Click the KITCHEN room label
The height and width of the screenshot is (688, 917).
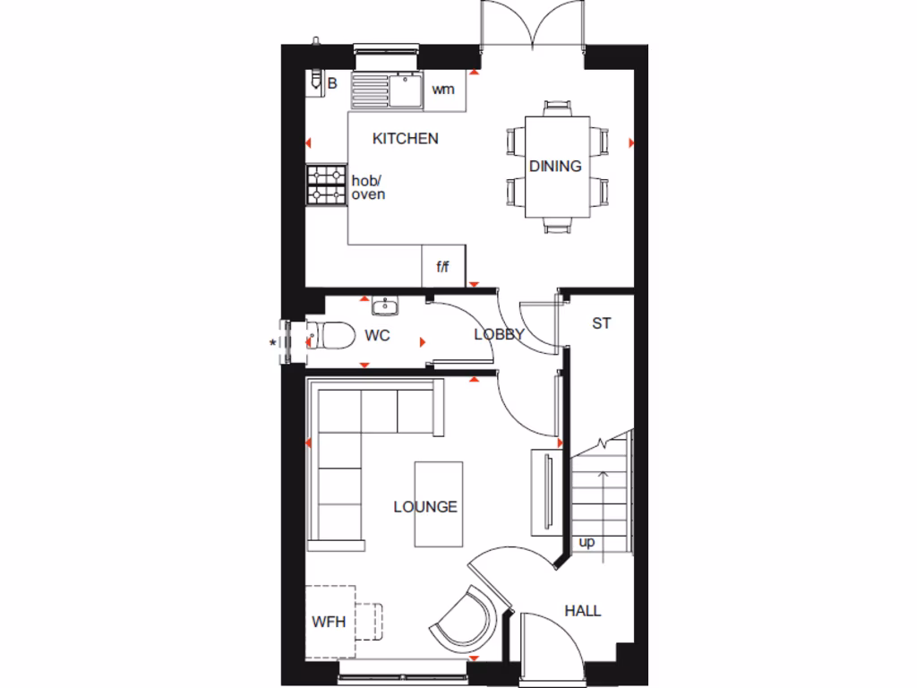pyautogui.click(x=406, y=139)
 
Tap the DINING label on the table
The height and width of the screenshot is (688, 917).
pyautogui.click(x=555, y=166)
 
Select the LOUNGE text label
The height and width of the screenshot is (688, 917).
pyautogui.click(x=425, y=507)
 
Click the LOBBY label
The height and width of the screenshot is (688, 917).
pyautogui.click(x=498, y=334)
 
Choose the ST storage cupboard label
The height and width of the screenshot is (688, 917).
pyautogui.click(x=601, y=323)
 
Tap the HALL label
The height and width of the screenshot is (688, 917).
pyautogui.click(x=582, y=611)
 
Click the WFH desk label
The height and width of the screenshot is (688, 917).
pyautogui.click(x=329, y=622)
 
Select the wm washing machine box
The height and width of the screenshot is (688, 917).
pyautogui.click(x=443, y=90)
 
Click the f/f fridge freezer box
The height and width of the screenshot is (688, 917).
pyautogui.click(x=442, y=267)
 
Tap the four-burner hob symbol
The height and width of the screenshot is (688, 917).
pyautogui.click(x=327, y=185)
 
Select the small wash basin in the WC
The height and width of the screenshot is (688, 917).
pyautogui.click(x=386, y=306)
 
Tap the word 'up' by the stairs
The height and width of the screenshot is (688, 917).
pyautogui.click(x=587, y=543)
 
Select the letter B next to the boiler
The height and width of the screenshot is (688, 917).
pyautogui.click(x=332, y=84)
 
